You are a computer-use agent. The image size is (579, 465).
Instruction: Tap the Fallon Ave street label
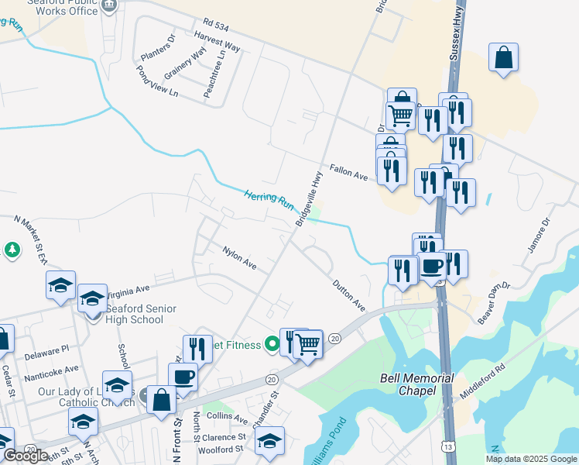[348, 171]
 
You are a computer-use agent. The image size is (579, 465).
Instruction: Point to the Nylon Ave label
[239, 257]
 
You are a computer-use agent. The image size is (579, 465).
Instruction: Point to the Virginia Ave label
[127, 291]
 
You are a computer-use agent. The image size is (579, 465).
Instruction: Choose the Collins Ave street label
[230, 419]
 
